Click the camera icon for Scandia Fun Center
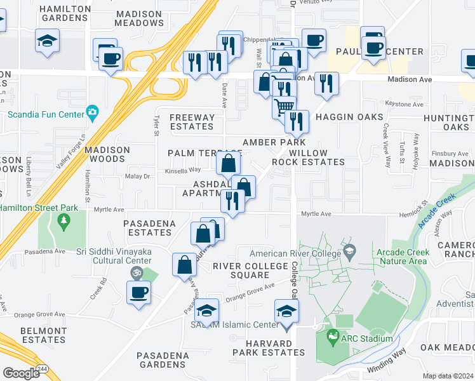pos(93,113)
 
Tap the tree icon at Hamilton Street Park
pos(63,220)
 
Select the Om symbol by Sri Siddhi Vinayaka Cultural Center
pos(134,272)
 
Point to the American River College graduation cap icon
pos(349,252)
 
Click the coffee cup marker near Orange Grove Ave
pos(138,292)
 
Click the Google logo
pos(21,373)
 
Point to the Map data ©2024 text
pos(448,376)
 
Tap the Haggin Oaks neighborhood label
pos(349,117)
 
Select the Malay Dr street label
pos(137,176)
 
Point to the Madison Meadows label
pos(139,18)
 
